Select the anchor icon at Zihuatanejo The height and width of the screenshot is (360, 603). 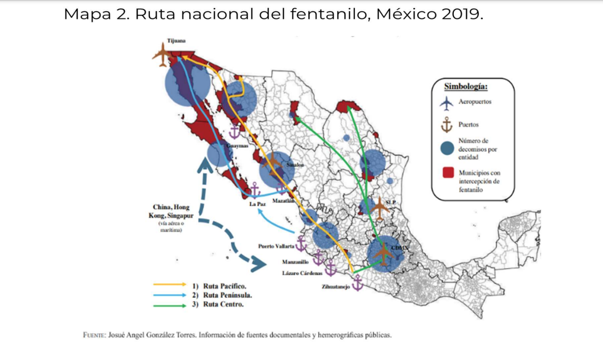358,283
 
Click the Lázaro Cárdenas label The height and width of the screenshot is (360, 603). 303,273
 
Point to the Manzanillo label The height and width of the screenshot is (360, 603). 295,262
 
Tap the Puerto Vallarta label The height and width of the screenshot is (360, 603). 276,246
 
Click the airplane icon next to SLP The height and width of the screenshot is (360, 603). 379,208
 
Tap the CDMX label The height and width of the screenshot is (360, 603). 400,247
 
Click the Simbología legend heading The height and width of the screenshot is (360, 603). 465,86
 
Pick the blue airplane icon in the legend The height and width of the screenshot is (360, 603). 447,103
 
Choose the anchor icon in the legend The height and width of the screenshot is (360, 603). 447,124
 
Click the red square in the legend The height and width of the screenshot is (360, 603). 447,173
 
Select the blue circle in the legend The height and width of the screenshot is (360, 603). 447,149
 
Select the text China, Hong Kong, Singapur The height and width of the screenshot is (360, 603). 173,211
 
